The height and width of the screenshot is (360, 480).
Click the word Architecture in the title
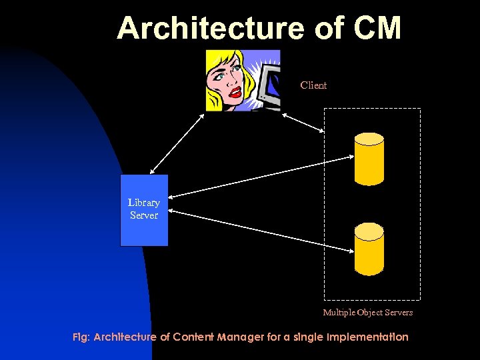click(x=207, y=29)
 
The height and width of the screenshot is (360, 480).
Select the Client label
click(x=313, y=85)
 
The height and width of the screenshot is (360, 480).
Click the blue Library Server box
click(x=144, y=211)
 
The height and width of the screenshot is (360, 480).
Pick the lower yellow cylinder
click(x=369, y=249)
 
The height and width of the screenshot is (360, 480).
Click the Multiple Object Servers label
click(x=368, y=312)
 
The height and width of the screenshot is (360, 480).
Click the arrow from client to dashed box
click(x=303, y=123)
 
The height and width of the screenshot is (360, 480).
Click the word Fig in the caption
click(x=80, y=337)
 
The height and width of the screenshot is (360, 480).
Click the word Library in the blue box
click(x=144, y=203)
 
